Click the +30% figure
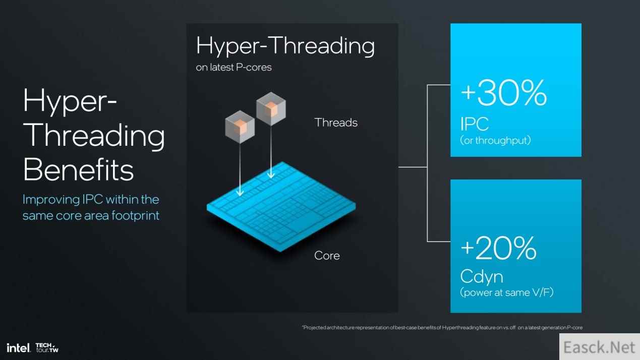(x=504, y=93)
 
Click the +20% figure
(x=499, y=248)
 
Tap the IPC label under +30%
(x=474, y=124)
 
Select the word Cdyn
(x=482, y=277)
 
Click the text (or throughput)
(x=495, y=140)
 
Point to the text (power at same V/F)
(x=506, y=292)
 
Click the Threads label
(x=336, y=123)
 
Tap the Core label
(x=327, y=256)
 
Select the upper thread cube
(x=271, y=108)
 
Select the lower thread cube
(x=240, y=127)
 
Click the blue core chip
(x=281, y=207)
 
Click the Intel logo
(x=18, y=348)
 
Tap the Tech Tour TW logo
(x=47, y=348)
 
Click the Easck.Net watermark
(x=599, y=347)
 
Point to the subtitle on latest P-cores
(x=234, y=68)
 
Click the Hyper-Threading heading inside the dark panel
(x=285, y=46)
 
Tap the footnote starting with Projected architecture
(x=442, y=327)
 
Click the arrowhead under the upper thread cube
(x=271, y=174)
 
